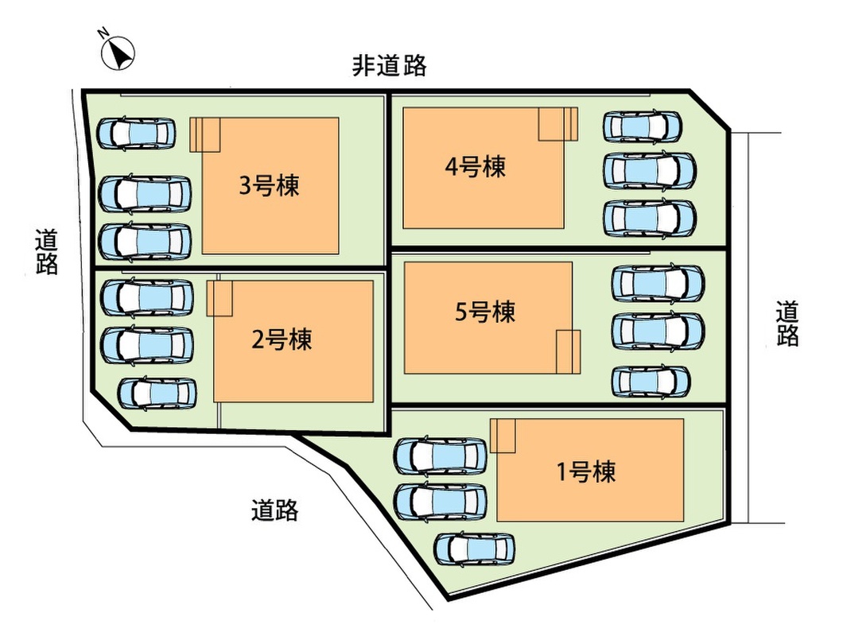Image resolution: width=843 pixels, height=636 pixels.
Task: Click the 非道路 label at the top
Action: tap(390, 65)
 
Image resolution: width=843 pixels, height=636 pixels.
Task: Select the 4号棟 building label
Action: tap(475, 167)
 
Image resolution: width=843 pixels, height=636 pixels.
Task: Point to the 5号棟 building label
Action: tap(485, 312)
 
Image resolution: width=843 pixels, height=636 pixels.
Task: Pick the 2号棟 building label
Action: tap(282, 339)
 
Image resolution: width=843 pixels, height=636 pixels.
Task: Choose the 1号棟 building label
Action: tap(585, 472)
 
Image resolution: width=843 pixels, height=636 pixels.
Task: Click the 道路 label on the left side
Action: tap(47, 251)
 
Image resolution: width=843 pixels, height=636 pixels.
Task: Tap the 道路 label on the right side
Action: tap(787, 323)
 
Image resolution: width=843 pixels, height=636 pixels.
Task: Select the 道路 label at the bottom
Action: tap(274, 510)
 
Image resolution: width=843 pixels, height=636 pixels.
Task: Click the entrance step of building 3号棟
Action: tap(205, 134)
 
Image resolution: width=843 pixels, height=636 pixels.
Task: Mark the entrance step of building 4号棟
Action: tap(557, 124)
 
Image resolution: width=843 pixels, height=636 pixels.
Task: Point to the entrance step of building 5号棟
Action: tap(568, 351)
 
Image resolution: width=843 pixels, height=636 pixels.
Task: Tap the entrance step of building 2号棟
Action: tap(219, 297)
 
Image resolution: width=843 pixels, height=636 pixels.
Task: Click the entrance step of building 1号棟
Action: tap(503, 436)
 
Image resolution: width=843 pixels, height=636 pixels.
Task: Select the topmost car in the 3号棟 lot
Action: tap(136, 133)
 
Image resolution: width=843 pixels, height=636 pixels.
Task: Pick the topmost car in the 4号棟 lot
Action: tap(642, 126)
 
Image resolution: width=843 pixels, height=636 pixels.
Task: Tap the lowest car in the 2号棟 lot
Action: tap(157, 392)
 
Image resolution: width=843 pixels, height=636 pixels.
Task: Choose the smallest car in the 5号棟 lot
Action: tap(651, 382)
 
